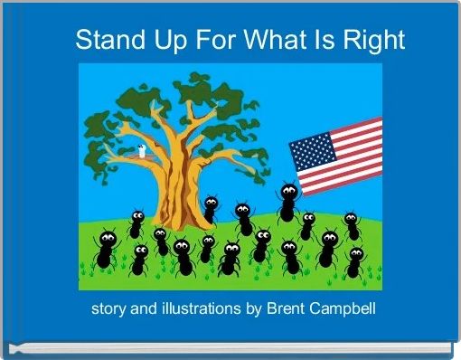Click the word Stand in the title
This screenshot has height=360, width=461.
[108, 41]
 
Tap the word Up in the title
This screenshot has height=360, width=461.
[166, 41]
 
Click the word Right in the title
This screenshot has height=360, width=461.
[373, 41]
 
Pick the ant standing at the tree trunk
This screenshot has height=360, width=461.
[211, 208]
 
